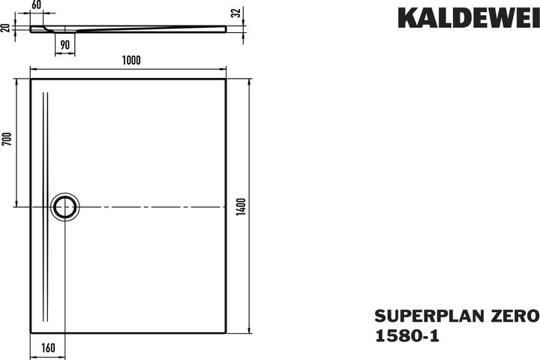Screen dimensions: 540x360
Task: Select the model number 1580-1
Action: [x=407, y=336]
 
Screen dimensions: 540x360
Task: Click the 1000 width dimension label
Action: [x=131, y=60]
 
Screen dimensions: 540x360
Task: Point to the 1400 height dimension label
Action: [x=241, y=207]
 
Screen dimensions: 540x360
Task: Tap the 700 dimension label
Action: [x=7, y=139]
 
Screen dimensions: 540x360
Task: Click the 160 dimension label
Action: [x=48, y=348]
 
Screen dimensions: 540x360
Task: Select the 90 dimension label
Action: [x=64, y=45]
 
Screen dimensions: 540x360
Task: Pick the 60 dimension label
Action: [x=36, y=5]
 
